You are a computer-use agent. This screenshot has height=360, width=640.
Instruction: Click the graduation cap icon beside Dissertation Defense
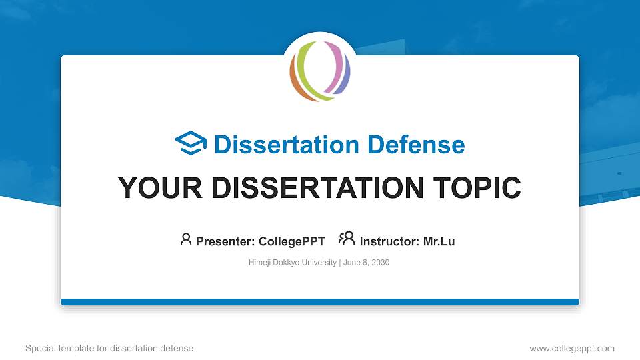coord(191,144)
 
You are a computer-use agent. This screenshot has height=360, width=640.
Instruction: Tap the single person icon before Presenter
coord(186,239)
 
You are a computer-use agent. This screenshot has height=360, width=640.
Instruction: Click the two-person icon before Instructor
coord(347,239)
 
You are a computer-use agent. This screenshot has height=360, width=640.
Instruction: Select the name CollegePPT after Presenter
coord(291,241)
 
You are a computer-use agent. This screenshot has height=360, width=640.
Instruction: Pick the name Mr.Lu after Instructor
coord(439,241)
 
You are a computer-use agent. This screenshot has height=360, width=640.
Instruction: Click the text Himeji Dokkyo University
coord(293,263)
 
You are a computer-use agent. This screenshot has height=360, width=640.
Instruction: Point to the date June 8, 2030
coord(367,263)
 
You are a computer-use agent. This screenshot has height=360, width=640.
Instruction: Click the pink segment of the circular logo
coord(337,61)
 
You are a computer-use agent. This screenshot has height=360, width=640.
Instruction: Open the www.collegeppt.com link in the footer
coord(571,348)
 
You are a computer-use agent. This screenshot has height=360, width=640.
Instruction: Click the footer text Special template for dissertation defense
coord(109,348)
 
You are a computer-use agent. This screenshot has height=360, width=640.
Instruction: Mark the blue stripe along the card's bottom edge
coord(320,302)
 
